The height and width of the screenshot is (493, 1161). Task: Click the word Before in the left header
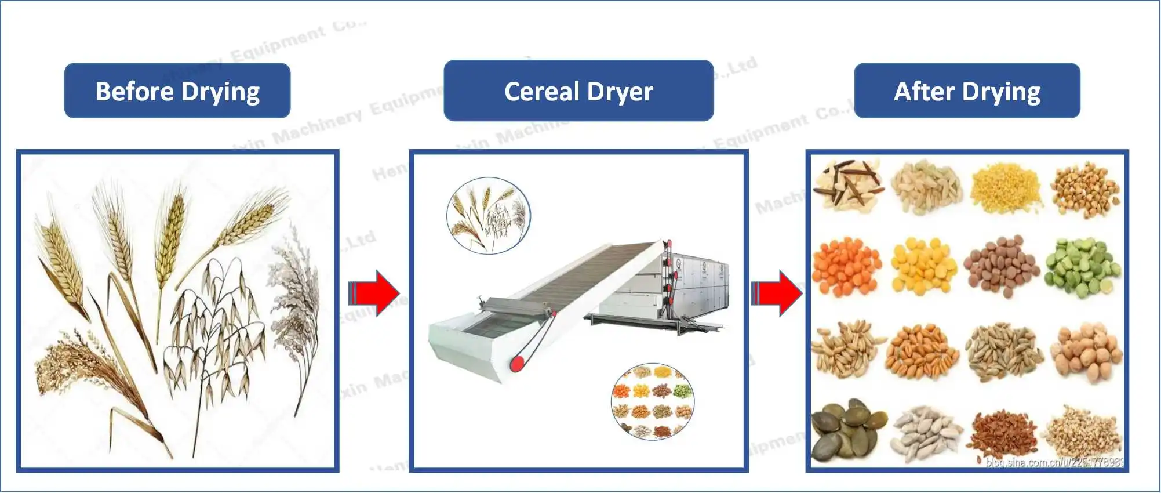point(134,92)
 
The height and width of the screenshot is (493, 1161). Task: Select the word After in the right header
point(924,92)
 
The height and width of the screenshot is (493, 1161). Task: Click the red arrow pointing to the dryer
point(374,293)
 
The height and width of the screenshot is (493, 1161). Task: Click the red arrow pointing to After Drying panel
point(777,293)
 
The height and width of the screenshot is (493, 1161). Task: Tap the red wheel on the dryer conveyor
point(517,364)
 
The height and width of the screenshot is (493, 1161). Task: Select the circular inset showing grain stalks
point(488,216)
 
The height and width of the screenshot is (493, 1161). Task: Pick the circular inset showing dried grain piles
point(653,401)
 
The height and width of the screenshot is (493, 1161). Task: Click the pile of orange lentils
point(846,267)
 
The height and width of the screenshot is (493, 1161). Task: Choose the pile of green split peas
point(1082,267)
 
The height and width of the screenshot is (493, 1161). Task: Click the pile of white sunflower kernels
point(926,434)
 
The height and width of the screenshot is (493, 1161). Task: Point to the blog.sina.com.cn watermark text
point(1054,462)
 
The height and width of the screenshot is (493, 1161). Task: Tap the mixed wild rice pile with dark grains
point(847,186)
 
